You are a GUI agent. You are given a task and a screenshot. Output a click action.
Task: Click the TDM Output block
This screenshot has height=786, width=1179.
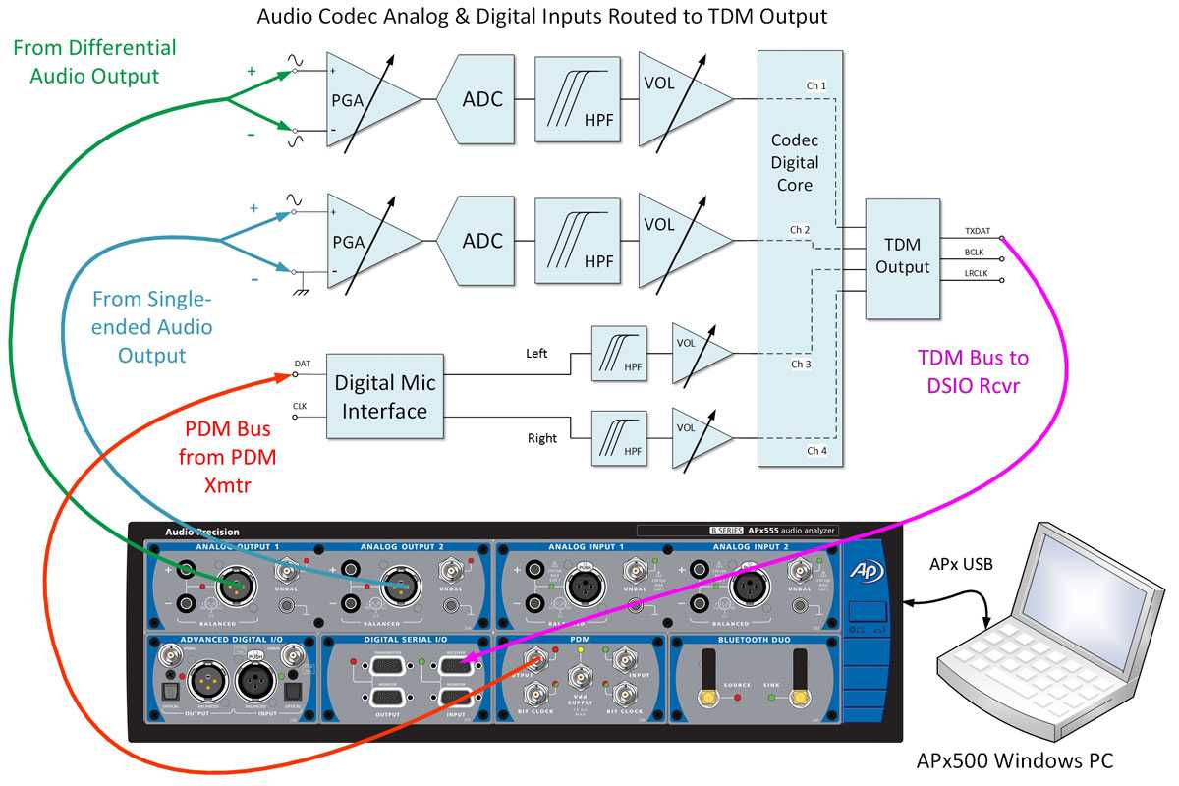point(902,257)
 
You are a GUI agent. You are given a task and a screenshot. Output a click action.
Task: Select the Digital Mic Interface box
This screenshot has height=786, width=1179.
point(382,395)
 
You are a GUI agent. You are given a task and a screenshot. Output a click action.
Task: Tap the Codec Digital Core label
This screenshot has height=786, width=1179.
point(795,162)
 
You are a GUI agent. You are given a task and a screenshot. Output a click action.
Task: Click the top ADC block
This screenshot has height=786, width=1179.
point(483,99)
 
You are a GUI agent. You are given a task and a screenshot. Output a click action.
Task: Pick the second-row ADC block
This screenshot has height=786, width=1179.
point(483,241)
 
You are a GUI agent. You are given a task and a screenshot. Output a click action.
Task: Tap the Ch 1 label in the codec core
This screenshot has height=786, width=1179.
point(815,86)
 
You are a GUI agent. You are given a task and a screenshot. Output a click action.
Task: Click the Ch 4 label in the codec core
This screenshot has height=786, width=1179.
point(815,450)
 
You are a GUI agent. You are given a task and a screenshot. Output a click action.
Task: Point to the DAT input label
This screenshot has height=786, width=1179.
point(303,365)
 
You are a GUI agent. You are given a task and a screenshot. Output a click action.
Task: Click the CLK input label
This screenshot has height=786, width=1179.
point(301,405)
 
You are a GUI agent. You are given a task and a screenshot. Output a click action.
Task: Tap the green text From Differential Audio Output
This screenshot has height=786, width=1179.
point(94,61)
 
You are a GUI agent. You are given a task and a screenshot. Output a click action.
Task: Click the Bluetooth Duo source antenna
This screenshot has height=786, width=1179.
point(705,676)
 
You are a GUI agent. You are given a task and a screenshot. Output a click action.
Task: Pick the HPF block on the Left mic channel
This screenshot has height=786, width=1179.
point(619,355)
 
